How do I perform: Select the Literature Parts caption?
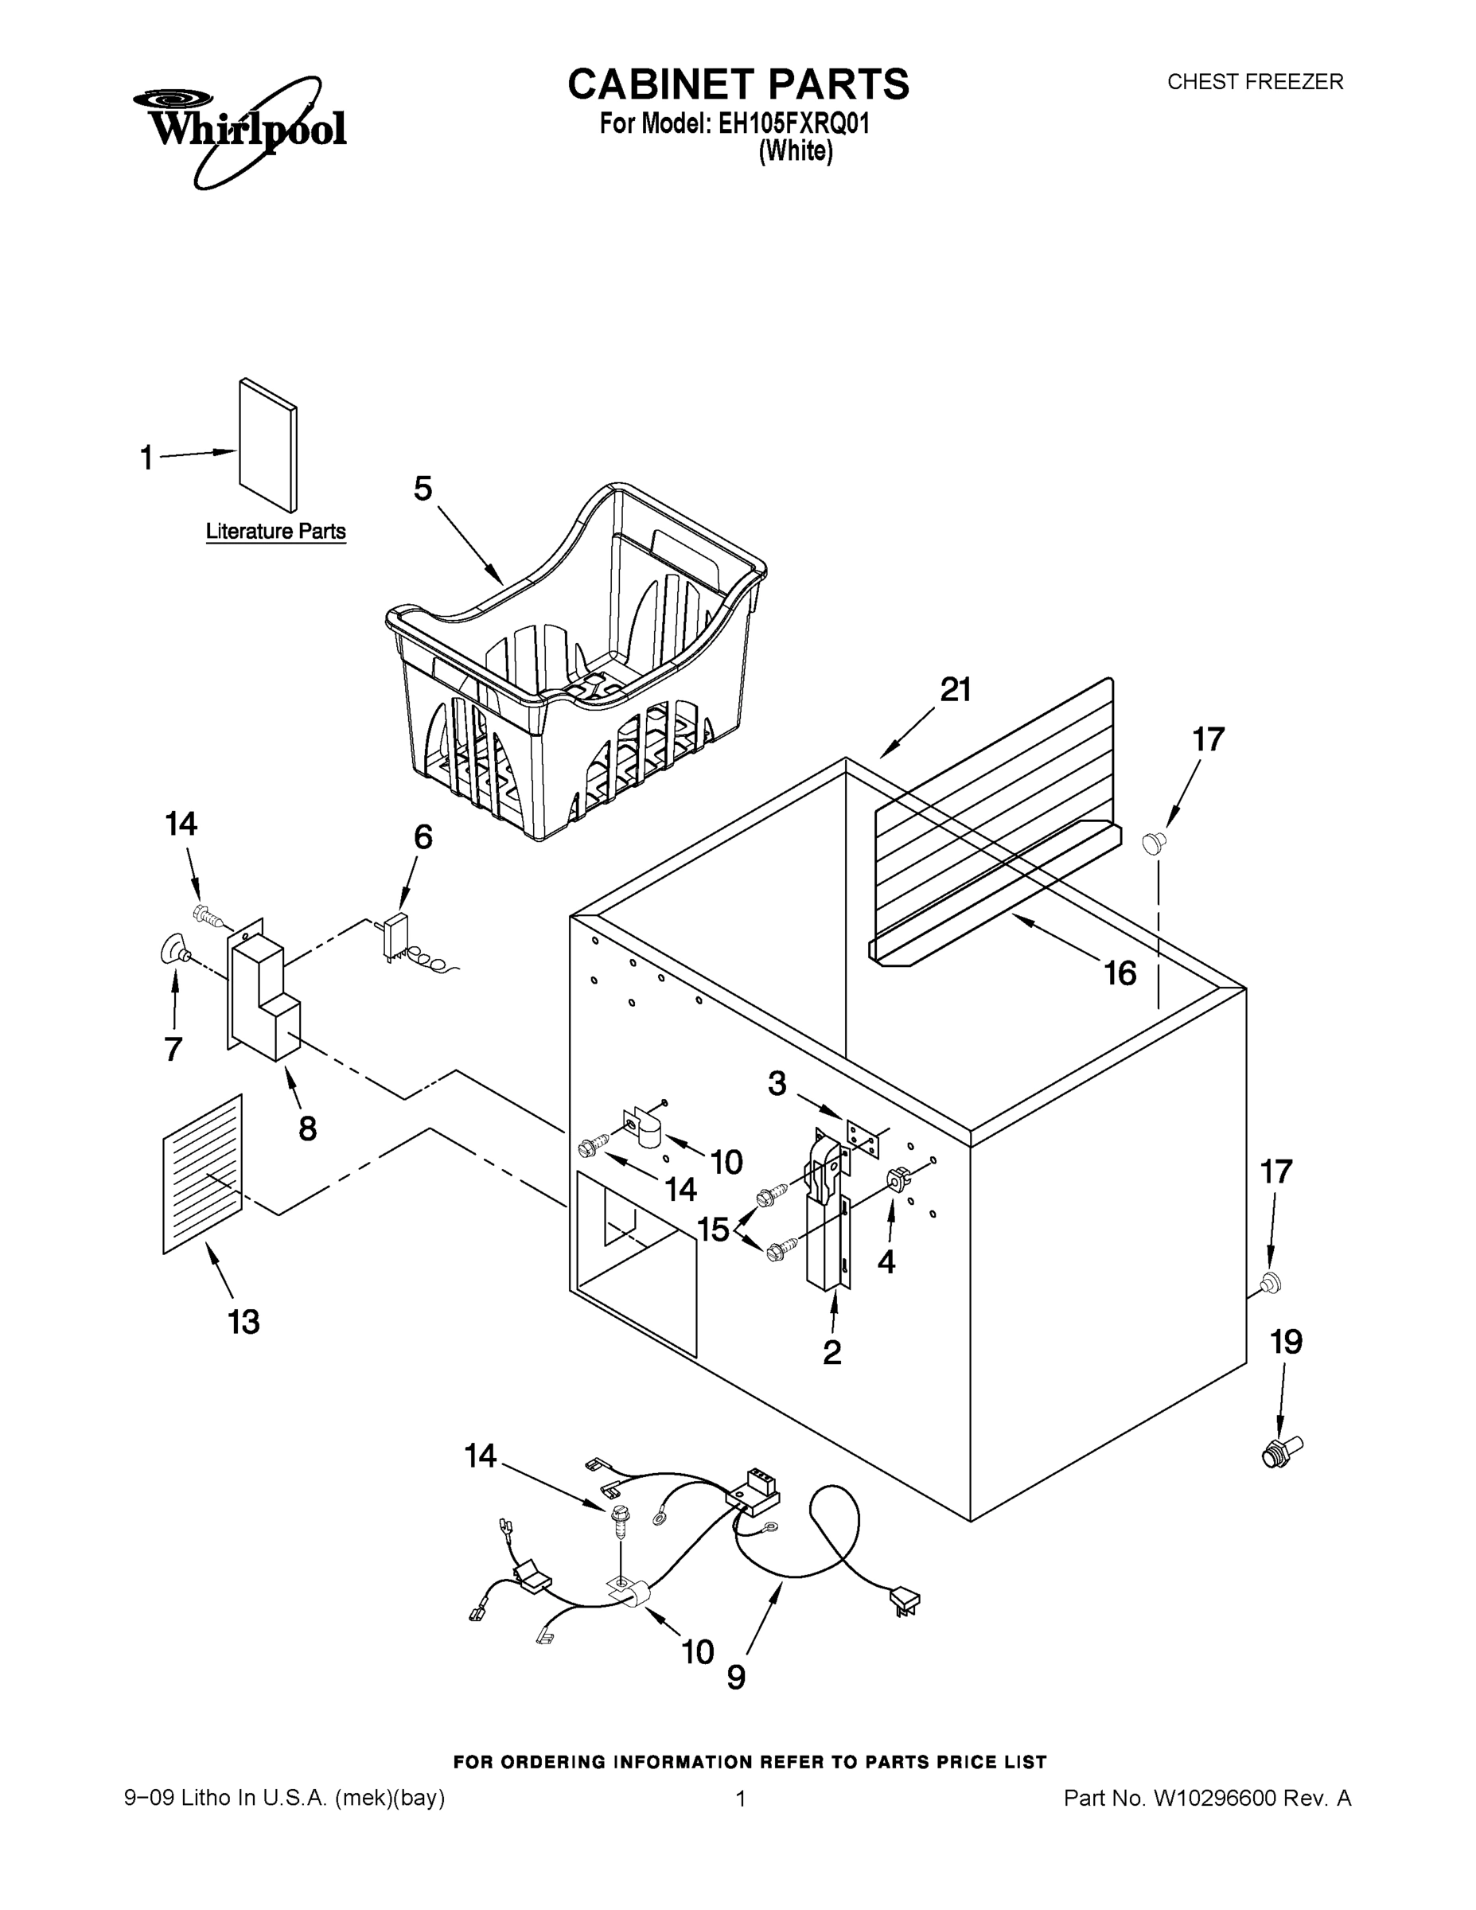click(x=275, y=532)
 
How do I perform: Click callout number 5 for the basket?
click(x=423, y=489)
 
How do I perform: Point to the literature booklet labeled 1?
click(x=267, y=444)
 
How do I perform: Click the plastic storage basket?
click(x=577, y=665)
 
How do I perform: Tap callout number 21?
click(x=955, y=690)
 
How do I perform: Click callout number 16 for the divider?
click(x=1120, y=973)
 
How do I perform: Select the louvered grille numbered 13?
click(x=202, y=1175)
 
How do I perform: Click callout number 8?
click(x=307, y=1128)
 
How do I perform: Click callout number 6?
click(x=423, y=837)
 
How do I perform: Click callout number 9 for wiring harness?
click(x=736, y=1677)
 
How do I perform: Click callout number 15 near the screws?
click(x=714, y=1229)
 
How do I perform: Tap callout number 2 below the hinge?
click(x=831, y=1352)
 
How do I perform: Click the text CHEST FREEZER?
click(x=1255, y=82)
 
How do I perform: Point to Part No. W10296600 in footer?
click(x=1207, y=1798)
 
